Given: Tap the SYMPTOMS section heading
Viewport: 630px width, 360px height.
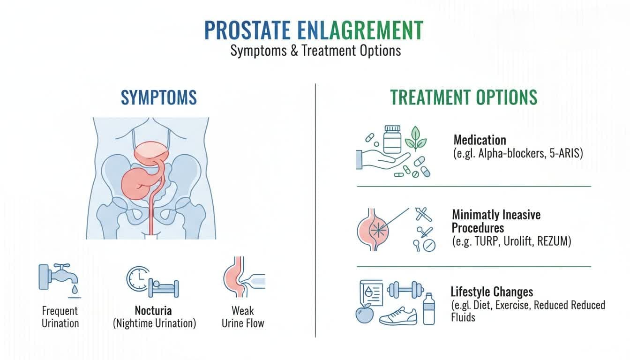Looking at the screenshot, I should click(x=158, y=97).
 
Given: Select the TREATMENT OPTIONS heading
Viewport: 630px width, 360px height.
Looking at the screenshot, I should click(x=464, y=97).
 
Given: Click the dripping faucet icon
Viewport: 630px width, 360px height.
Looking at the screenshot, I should click(x=60, y=278).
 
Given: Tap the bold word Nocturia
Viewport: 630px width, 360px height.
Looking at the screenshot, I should click(x=153, y=310).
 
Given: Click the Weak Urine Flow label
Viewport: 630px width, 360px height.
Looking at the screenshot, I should click(x=243, y=316).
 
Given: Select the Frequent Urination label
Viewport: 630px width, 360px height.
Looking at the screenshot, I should click(x=60, y=316).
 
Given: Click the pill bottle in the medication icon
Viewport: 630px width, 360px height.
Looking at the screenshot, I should click(x=393, y=139).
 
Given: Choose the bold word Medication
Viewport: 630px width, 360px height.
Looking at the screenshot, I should click(x=480, y=140).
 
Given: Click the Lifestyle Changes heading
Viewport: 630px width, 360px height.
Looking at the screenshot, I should click(x=492, y=292).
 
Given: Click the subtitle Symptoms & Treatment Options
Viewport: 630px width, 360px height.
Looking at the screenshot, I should click(x=315, y=50).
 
